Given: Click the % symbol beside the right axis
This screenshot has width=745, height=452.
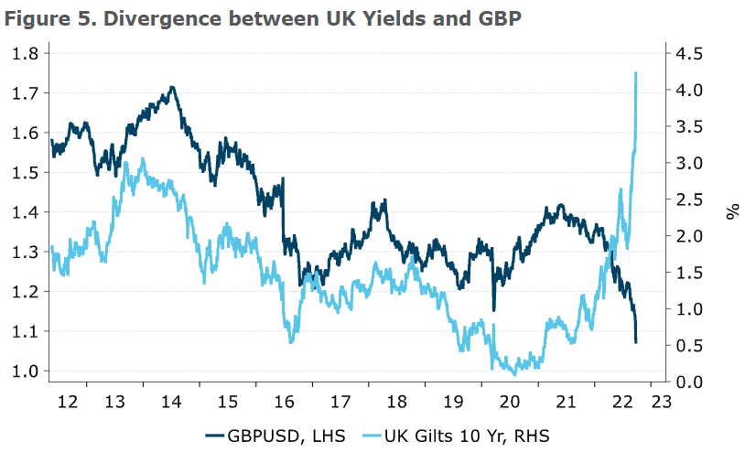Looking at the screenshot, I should [x=732, y=212].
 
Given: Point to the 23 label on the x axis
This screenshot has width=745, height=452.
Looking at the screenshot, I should [x=661, y=401].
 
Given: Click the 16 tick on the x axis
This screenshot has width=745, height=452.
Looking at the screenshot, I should [x=285, y=401].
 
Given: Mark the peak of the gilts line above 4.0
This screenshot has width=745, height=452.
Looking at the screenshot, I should [x=635, y=73].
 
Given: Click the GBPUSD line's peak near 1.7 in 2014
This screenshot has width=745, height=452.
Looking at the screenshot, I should [x=172, y=88].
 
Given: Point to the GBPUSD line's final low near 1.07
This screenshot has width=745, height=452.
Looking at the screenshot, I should [x=635, y=342].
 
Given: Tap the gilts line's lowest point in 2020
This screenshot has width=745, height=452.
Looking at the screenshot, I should [x=514, y=374].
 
